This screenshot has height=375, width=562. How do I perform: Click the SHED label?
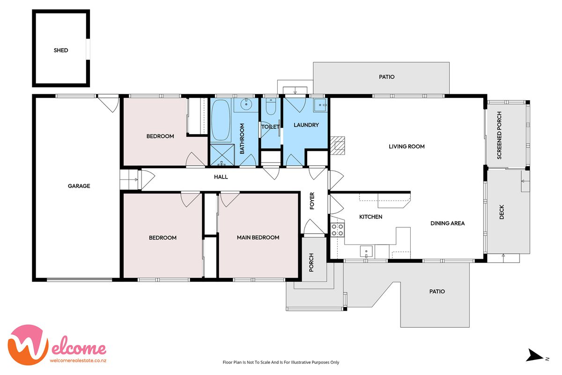(61, 50)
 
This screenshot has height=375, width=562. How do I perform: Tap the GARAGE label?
(79, 186)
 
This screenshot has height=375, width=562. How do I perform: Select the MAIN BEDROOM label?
(258, 238)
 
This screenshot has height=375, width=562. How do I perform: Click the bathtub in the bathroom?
(221, 120)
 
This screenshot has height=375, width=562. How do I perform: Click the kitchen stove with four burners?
(338, 230)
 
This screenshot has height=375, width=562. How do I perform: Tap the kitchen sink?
(366, 252)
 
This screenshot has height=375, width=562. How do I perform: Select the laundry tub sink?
(320, 105)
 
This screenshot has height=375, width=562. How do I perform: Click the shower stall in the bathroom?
(222, 155)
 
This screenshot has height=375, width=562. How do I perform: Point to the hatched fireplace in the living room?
(338, 145)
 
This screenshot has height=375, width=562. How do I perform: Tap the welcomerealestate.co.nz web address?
(78, 360)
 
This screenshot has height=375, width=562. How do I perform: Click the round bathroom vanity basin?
(246, 104)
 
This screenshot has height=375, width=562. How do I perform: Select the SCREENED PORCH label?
(499, 135)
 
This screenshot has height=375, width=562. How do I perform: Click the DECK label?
(502, 212)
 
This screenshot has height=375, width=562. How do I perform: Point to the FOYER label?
(312, 201)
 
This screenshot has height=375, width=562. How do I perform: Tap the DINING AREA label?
(447, 223)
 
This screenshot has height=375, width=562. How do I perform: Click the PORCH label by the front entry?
(311, 262)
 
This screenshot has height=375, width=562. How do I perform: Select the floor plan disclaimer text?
(281, 362)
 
